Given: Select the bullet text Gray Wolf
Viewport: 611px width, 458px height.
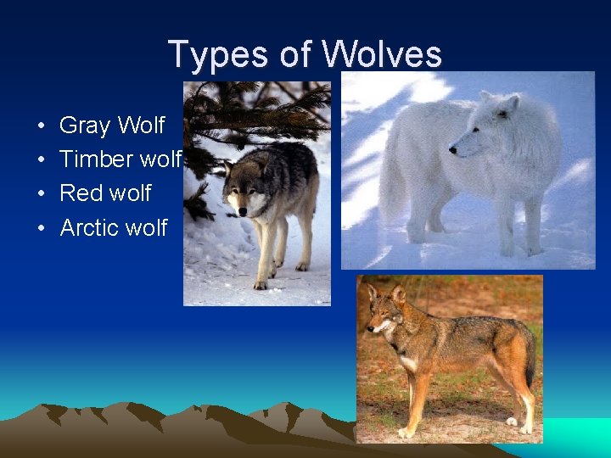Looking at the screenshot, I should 112,126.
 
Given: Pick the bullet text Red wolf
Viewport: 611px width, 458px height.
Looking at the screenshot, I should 105,193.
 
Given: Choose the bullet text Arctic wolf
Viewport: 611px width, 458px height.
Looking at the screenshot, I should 114,227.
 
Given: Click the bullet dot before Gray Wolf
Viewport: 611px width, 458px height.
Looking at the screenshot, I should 42,126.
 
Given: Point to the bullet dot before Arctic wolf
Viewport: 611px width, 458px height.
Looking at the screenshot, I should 42,228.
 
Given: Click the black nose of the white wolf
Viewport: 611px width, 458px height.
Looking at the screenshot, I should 452,151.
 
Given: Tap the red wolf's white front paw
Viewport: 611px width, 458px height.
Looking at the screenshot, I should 512,421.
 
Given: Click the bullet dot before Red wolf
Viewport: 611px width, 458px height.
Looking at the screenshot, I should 42,194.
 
